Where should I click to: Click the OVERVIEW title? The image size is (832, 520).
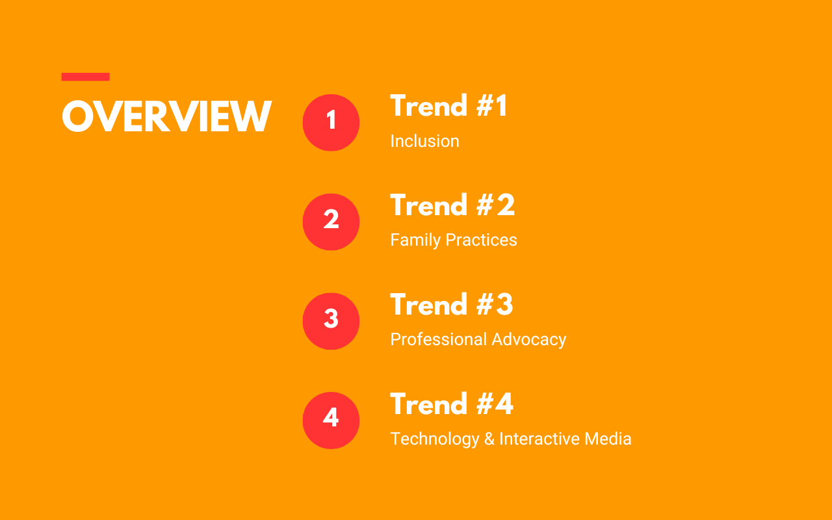(x=167, y=116)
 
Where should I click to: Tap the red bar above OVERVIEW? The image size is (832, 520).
(x=85, y=77)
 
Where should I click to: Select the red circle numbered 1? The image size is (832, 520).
(x=331, y=123)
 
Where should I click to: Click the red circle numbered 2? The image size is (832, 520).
(x=331, y=222)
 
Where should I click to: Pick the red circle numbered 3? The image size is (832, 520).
(x=331, y=321)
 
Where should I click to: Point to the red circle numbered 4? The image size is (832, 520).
(x=331, y=421)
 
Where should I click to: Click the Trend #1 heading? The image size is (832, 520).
(x=448, y=105)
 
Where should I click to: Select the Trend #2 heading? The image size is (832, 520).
(x=452, y=205)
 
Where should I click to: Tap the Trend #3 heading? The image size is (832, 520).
(x=452, y=304)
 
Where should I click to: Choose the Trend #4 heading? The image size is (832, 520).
(x=452, y=404)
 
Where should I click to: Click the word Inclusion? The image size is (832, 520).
(x=424, y=141)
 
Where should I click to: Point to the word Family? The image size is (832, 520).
(x=415, y=240)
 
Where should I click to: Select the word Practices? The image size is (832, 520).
(x=482, y=240)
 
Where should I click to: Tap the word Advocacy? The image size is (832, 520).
(x=529, y=340)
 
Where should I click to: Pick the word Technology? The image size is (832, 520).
(x=435, y=439)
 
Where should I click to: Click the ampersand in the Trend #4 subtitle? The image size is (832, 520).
(x=489, y=439)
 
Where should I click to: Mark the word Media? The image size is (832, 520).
(x=608, y=439)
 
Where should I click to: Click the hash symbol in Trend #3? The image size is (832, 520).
(x=485, y=305)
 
